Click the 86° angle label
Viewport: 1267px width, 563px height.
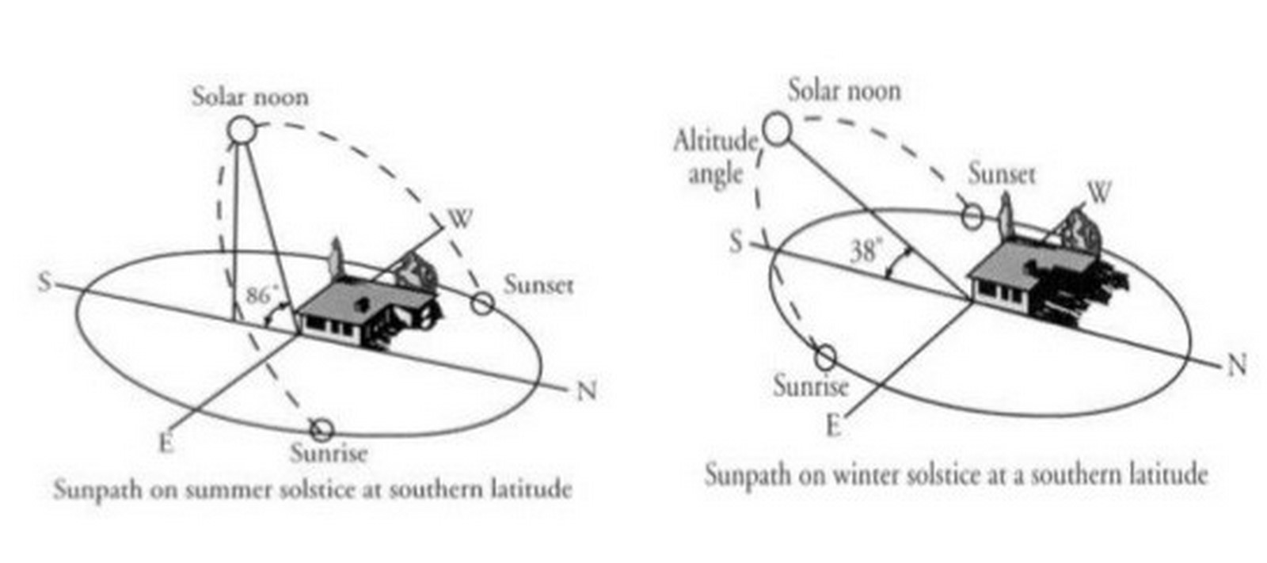262,295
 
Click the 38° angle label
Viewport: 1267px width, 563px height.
866,249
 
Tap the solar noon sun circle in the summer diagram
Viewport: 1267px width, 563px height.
242,130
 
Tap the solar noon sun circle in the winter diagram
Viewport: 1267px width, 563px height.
777,130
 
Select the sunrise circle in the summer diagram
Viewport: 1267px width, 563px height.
322,430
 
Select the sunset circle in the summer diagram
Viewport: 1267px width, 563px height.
482,304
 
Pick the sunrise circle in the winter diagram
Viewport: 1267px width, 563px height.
825,356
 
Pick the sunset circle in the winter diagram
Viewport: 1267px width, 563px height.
972,215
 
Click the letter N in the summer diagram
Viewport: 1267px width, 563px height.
587,390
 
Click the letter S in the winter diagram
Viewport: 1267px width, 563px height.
736,243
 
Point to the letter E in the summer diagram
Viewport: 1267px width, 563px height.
166,443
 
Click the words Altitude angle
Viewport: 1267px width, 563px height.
715,158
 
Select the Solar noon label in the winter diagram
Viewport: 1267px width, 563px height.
844,90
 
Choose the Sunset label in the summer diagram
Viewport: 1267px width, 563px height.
538,284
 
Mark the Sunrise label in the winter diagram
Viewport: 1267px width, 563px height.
811,386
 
